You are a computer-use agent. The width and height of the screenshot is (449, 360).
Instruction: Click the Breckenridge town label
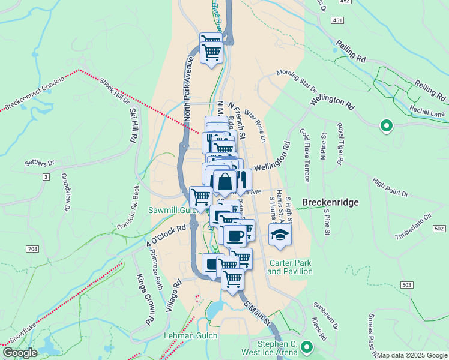pyautogui.click(x=330, y=203)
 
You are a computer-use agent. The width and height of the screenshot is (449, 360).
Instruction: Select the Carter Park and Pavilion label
pyautogui.click(x=291, y=267)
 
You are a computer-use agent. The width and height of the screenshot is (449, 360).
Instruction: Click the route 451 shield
pyautogui.click(x=338, y=20)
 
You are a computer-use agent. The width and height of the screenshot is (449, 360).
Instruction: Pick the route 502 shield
pyautogui.click(x=439, y=229)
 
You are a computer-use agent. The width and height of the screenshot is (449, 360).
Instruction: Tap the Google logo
pyautogui.click(x=20, y=353)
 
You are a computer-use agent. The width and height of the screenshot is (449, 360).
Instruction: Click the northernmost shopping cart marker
pyautogui.click(x=211, y=47)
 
